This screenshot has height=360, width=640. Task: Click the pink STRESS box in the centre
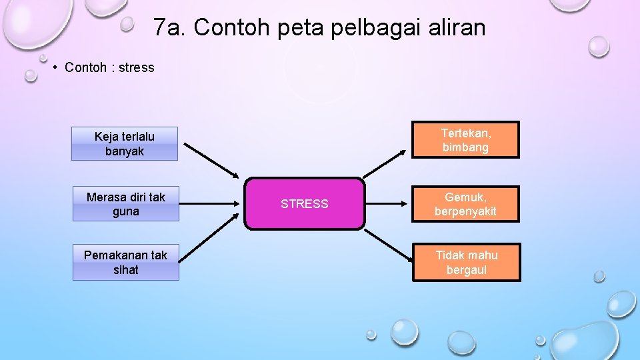305,204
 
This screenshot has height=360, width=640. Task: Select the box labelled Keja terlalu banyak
125,144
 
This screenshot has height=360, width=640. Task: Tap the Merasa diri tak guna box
126,204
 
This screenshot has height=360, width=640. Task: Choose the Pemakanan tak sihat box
126,263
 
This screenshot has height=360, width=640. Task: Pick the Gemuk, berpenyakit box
465,204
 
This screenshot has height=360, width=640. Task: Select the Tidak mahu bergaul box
467,263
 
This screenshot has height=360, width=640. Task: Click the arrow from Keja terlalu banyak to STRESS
211,160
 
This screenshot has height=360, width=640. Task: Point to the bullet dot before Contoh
56,67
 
